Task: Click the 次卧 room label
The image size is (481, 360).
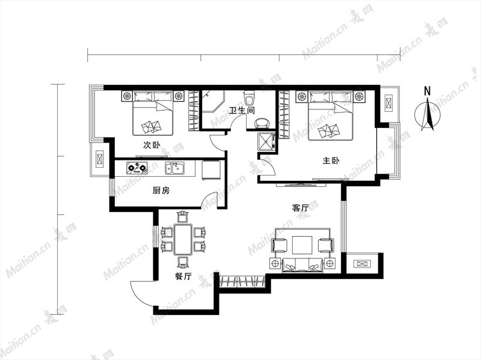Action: tap(152, 145)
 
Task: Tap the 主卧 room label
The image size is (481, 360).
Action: tap(331, 160)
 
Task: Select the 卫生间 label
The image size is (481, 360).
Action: tap(242, 110)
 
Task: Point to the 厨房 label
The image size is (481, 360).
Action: tap(161, 191)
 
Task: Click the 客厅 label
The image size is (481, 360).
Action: tap(300, 208)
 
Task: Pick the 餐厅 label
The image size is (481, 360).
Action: tap(183, 276)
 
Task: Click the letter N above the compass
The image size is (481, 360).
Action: tap(427, 91)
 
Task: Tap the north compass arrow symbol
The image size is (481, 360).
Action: tap(427, 114)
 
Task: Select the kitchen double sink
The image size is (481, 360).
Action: tap(174, 168)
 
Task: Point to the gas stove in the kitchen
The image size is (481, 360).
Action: tap(136, 168)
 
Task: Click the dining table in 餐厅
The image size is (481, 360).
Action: tap(183, 239)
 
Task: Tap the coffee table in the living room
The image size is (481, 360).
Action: tap(302, 245)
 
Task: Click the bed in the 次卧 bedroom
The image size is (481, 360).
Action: tap(153, 113)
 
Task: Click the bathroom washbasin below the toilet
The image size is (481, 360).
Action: tap(262, 123)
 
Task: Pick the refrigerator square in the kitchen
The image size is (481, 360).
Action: tap(211, 170)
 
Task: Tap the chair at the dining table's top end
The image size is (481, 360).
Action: tap(183, 217)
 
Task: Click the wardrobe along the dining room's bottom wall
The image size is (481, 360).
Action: tap(243, 282)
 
